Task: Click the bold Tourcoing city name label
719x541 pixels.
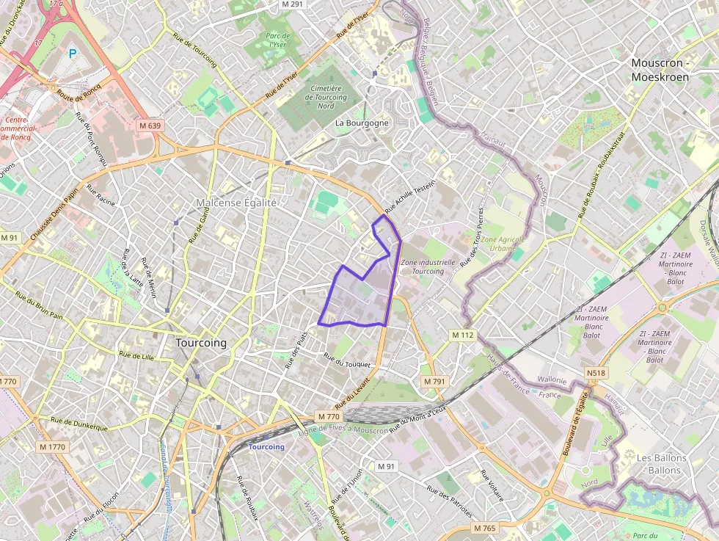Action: [x=201, y=343]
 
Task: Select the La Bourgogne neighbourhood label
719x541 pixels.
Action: [x=362, y=123]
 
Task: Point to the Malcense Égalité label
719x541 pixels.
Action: [x=236, y=203]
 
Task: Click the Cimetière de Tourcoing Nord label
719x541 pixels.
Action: [x=325, y=97]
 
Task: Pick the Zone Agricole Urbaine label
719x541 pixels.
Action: [x=499, y=244]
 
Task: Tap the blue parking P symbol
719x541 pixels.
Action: [x=73, y=53]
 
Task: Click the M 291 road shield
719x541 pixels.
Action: [x=292, y=4]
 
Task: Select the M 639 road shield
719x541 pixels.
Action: [x=150, y=126]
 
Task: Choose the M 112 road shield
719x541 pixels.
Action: [x=463, y=335]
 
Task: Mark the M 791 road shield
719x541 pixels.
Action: [x=434, y=382]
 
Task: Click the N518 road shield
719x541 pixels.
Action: [x=596, y=374]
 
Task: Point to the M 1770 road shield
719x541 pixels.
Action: [x=52, y=446]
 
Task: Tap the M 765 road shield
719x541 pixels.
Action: [x=484, y=528]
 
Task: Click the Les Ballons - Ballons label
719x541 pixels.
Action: [x=662, y=464]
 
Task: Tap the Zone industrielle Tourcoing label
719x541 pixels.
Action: [x=428, y=266]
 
